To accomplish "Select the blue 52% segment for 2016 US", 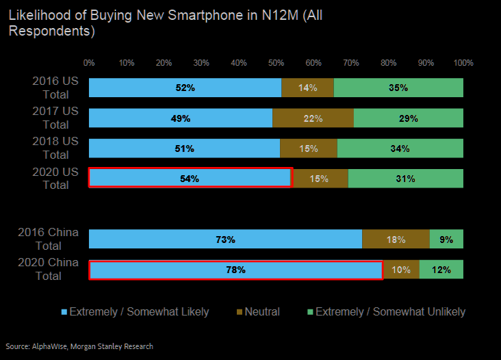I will tap(185, 88).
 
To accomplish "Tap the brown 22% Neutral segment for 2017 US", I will tap(313, 118).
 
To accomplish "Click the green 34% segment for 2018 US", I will tap(400, 149).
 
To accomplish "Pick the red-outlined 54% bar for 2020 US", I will tap(190, 178).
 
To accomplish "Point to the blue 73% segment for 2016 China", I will tap(225, 239).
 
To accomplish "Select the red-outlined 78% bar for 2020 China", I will tap(235, 270).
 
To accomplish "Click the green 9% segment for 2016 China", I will tap(446, 239).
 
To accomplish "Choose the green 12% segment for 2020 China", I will tap(441, 270).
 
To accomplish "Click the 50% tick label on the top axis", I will tap(276, 63).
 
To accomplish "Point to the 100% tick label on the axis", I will tap(463, 63).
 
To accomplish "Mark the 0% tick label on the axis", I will tap(89, 63).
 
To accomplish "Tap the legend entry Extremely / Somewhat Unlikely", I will tap(387, 311).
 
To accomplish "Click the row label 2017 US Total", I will tap(55, 118).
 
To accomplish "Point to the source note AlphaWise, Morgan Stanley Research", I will tap(79, 346).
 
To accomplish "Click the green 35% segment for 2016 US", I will tap(398, 88).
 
